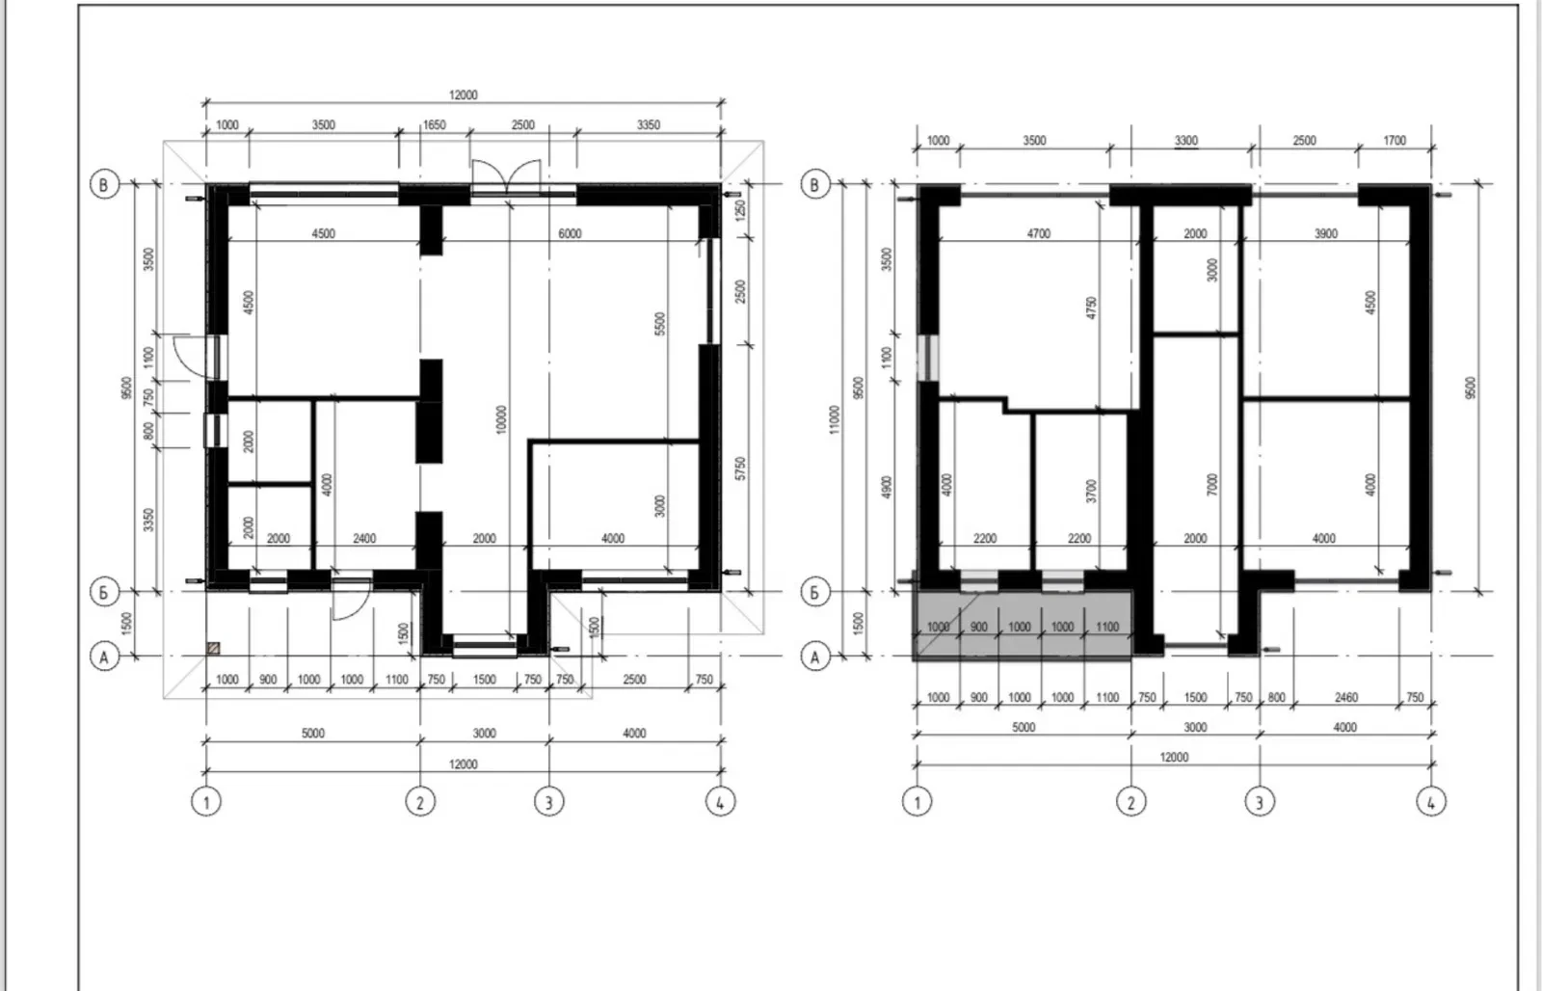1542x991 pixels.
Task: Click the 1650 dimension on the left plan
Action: pos(435,124)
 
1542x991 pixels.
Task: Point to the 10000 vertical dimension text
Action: pos(500,419)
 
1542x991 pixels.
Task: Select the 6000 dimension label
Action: pos(570,233)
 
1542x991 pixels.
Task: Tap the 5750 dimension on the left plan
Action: pos(741,469)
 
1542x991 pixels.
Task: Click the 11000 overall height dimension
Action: pos(835,419)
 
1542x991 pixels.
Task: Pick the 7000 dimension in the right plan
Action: pos(1212,485)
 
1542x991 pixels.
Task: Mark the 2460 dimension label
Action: pos(1346,698)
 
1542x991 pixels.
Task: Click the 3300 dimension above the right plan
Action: pos(1186,141)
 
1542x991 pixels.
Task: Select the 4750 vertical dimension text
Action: pos(1091,308)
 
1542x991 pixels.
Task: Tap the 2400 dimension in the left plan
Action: pos(364,539)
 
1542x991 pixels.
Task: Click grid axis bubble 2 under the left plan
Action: pos(420,802)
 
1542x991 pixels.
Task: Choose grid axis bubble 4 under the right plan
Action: pos(1430,802)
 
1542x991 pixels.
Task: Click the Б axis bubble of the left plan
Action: pos(104,592)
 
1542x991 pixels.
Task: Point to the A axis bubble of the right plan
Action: pos(815,657)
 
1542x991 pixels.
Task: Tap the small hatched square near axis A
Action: pos(213,648)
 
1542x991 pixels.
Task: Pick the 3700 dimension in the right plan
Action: pos(1091,491)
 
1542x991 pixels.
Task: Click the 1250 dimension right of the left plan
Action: pos(741,210)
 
